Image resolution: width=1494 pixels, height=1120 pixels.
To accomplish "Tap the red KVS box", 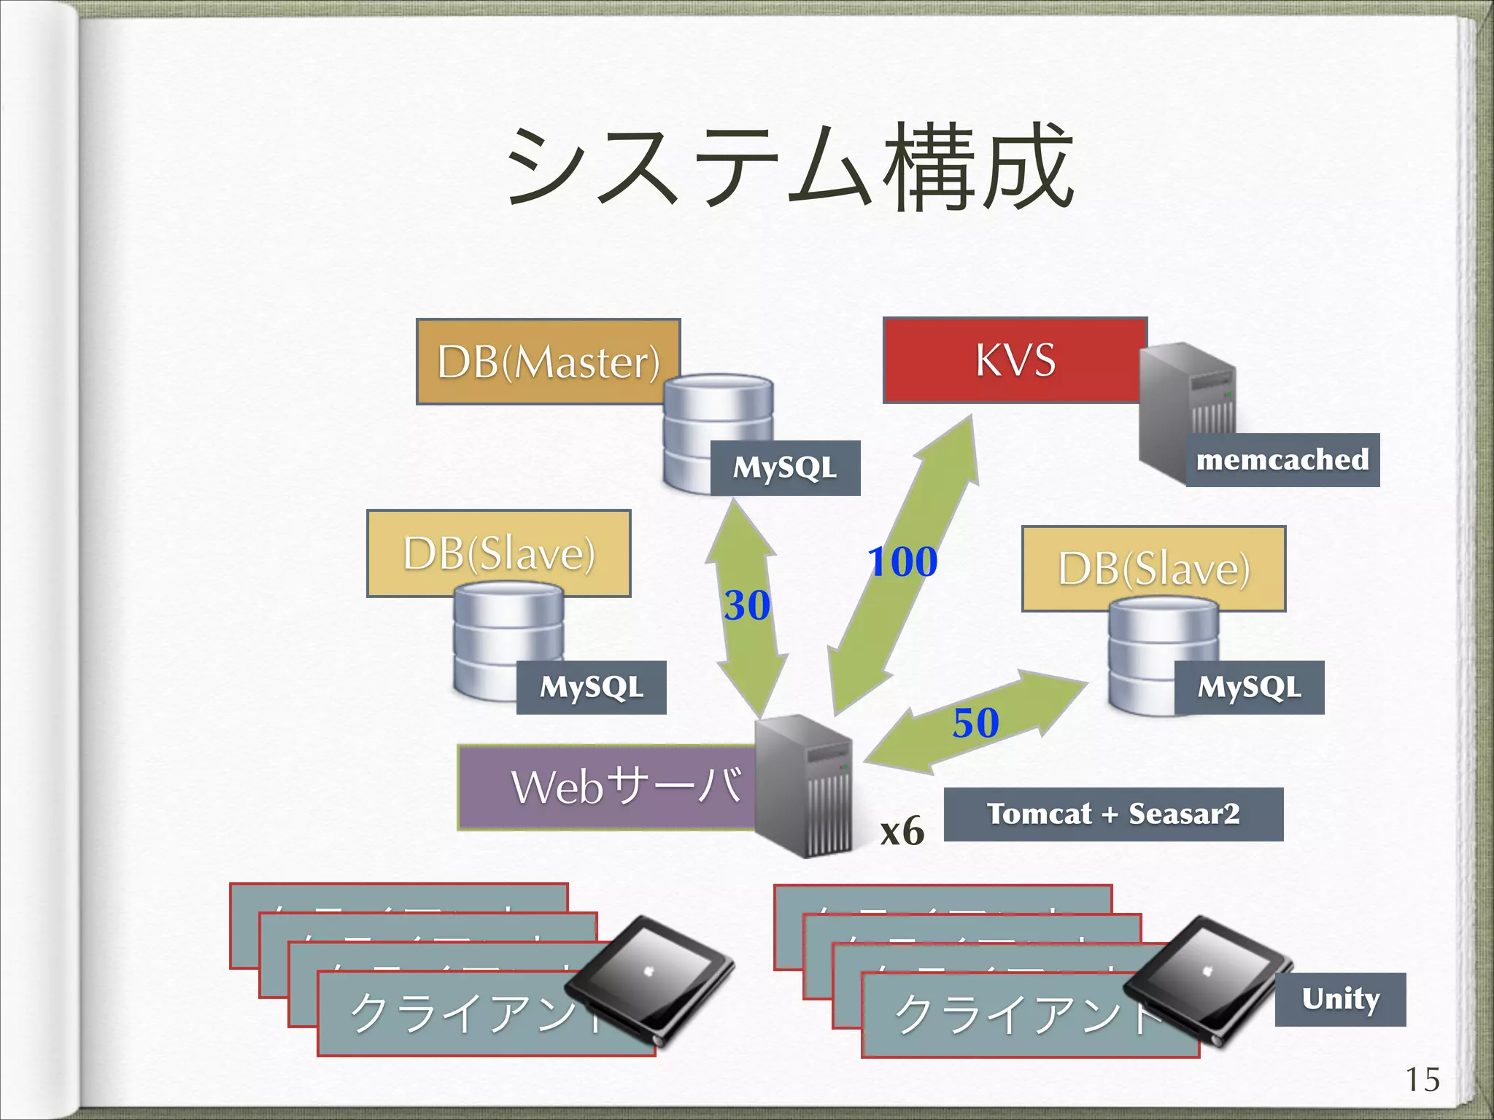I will pos(1014,360).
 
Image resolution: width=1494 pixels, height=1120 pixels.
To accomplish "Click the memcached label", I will pos(1282,460).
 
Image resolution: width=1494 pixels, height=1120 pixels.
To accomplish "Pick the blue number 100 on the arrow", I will pos(902,561).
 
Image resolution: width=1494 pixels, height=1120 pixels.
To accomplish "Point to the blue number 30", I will pos(746,605).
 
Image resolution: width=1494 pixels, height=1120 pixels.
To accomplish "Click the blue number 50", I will pos(975,723).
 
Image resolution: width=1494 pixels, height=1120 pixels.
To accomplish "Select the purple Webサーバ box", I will pos(605,787).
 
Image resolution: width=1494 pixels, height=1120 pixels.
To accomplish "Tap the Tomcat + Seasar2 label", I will pos(1113,814).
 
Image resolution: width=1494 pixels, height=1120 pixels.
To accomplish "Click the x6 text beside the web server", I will pos(902,831).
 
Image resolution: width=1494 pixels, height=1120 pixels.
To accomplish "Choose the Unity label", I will pos(1340,999).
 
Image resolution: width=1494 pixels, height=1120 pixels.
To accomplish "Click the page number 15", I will pos(1422,1080).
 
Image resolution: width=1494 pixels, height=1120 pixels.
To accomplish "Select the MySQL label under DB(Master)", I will pos(785,468).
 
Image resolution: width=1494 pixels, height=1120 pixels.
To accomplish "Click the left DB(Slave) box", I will pos(498,553).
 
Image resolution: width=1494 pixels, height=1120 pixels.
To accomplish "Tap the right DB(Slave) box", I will pos(1153,569).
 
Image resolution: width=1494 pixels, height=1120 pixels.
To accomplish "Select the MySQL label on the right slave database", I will pos(1249,688).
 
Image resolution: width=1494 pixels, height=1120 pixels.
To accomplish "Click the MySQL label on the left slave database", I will pos(591,688).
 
